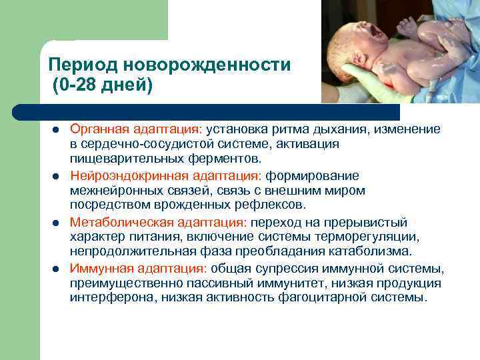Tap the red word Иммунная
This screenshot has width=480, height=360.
(x=97, y=269)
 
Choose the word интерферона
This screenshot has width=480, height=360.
(x=113, y=298)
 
